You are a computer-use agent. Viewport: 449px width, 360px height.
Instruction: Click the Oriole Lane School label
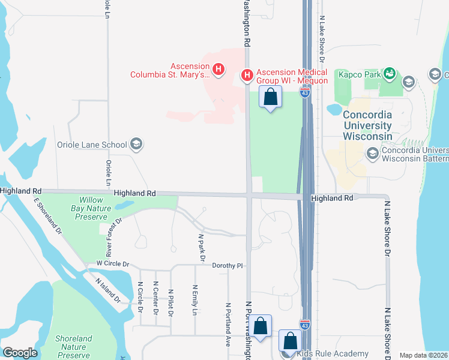pos(91,145)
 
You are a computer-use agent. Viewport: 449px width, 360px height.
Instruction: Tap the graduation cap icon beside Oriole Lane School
pos(136,144)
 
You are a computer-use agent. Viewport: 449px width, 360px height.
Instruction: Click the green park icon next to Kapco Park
pos(390,74)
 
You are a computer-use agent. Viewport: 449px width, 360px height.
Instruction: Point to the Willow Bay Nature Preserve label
pos(91,208)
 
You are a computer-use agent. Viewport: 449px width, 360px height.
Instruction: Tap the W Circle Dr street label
pos(109,263)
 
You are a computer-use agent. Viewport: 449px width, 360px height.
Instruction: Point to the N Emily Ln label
pos(194,299)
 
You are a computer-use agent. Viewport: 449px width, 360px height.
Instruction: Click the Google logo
pos(20,353)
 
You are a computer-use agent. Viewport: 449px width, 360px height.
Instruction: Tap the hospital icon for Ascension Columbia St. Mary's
pos(218,70)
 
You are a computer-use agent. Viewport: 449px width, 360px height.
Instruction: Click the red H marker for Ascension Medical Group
pos(246,75)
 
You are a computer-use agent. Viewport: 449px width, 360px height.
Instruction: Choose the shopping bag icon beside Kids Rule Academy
pos(290,340)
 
